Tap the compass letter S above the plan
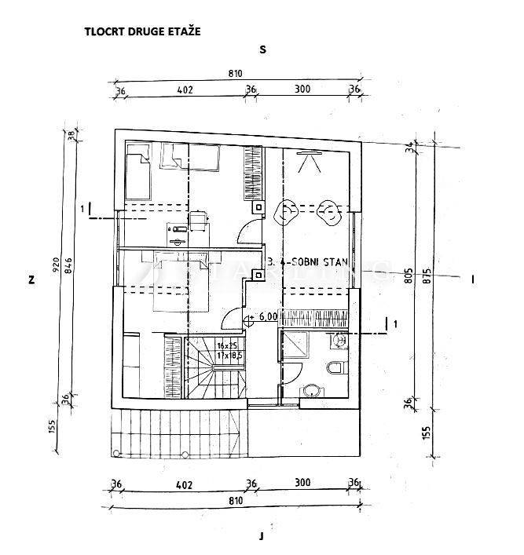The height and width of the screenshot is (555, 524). [x=263, y=49]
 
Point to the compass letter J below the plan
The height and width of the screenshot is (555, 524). [x=260, y=536]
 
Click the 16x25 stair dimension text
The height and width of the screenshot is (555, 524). [x=228, y=345]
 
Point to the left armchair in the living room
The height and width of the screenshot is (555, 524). [x=287, y=210]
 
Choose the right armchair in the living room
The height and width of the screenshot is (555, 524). [x=328, y=210]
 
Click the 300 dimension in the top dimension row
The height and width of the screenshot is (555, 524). [x=302, y=89]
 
